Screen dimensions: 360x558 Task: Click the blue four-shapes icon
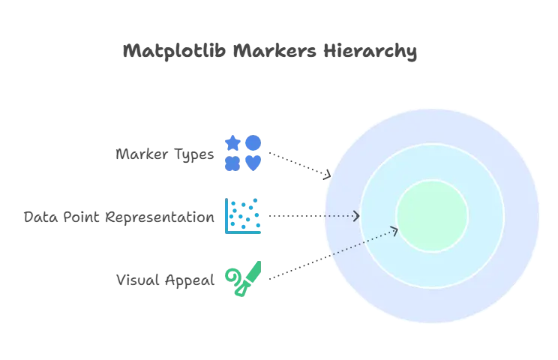pyautogui.click(x=243, y=153)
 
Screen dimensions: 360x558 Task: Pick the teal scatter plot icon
pyautogui.click(x=243, y=216)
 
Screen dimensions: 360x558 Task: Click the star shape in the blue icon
pyautogui.click(x=233, y=142)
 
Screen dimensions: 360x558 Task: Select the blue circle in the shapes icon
pyautogui.click(x=253, y=142)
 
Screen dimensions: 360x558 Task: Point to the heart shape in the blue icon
pyautogui.click(x=253, y=163)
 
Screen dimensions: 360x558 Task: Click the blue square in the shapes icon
pyautogui.click(x=233, y=163)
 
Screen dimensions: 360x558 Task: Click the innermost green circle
pyautogui.click(x=432, y=216)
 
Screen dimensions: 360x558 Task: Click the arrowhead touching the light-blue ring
pyautogui.click(x=357, y=216)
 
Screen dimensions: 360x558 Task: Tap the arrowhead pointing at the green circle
pyautogui.click(x=395, y=230)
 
